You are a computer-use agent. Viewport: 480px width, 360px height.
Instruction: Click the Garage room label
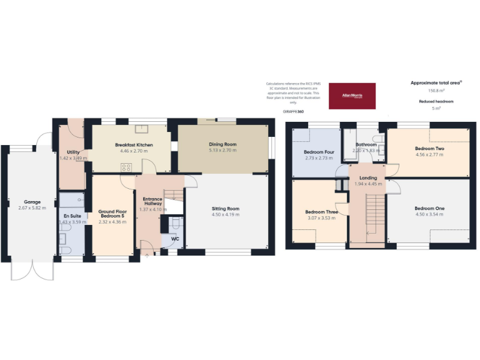[32, 202]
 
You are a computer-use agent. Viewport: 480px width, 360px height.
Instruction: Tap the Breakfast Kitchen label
[134, 145]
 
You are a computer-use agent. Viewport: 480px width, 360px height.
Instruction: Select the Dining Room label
[222, 144]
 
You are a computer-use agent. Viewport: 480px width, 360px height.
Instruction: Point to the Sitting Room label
[225, 208]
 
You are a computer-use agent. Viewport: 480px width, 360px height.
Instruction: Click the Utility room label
[72, 152]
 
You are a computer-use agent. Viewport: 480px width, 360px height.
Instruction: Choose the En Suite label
[72, 216]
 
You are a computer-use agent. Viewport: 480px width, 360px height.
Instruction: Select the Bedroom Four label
[319, 152]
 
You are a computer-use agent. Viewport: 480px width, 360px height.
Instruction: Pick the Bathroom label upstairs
[366, 145]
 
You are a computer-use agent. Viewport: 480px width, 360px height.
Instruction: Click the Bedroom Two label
[429, 149]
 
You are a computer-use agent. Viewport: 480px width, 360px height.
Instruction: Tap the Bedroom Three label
[321, 212]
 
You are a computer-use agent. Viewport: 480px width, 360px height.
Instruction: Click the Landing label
[367, 178]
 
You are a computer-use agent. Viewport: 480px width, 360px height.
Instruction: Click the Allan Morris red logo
[352, 96]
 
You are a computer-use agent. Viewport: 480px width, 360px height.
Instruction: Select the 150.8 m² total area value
[431, 91]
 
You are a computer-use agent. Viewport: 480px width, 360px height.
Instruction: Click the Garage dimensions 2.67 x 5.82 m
[32, 209]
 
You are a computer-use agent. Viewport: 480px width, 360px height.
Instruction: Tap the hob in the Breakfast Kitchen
[127, 167]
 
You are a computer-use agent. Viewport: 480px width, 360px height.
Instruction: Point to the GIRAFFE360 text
[294, 111]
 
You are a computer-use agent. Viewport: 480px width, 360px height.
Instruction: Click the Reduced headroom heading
[436, 101]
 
